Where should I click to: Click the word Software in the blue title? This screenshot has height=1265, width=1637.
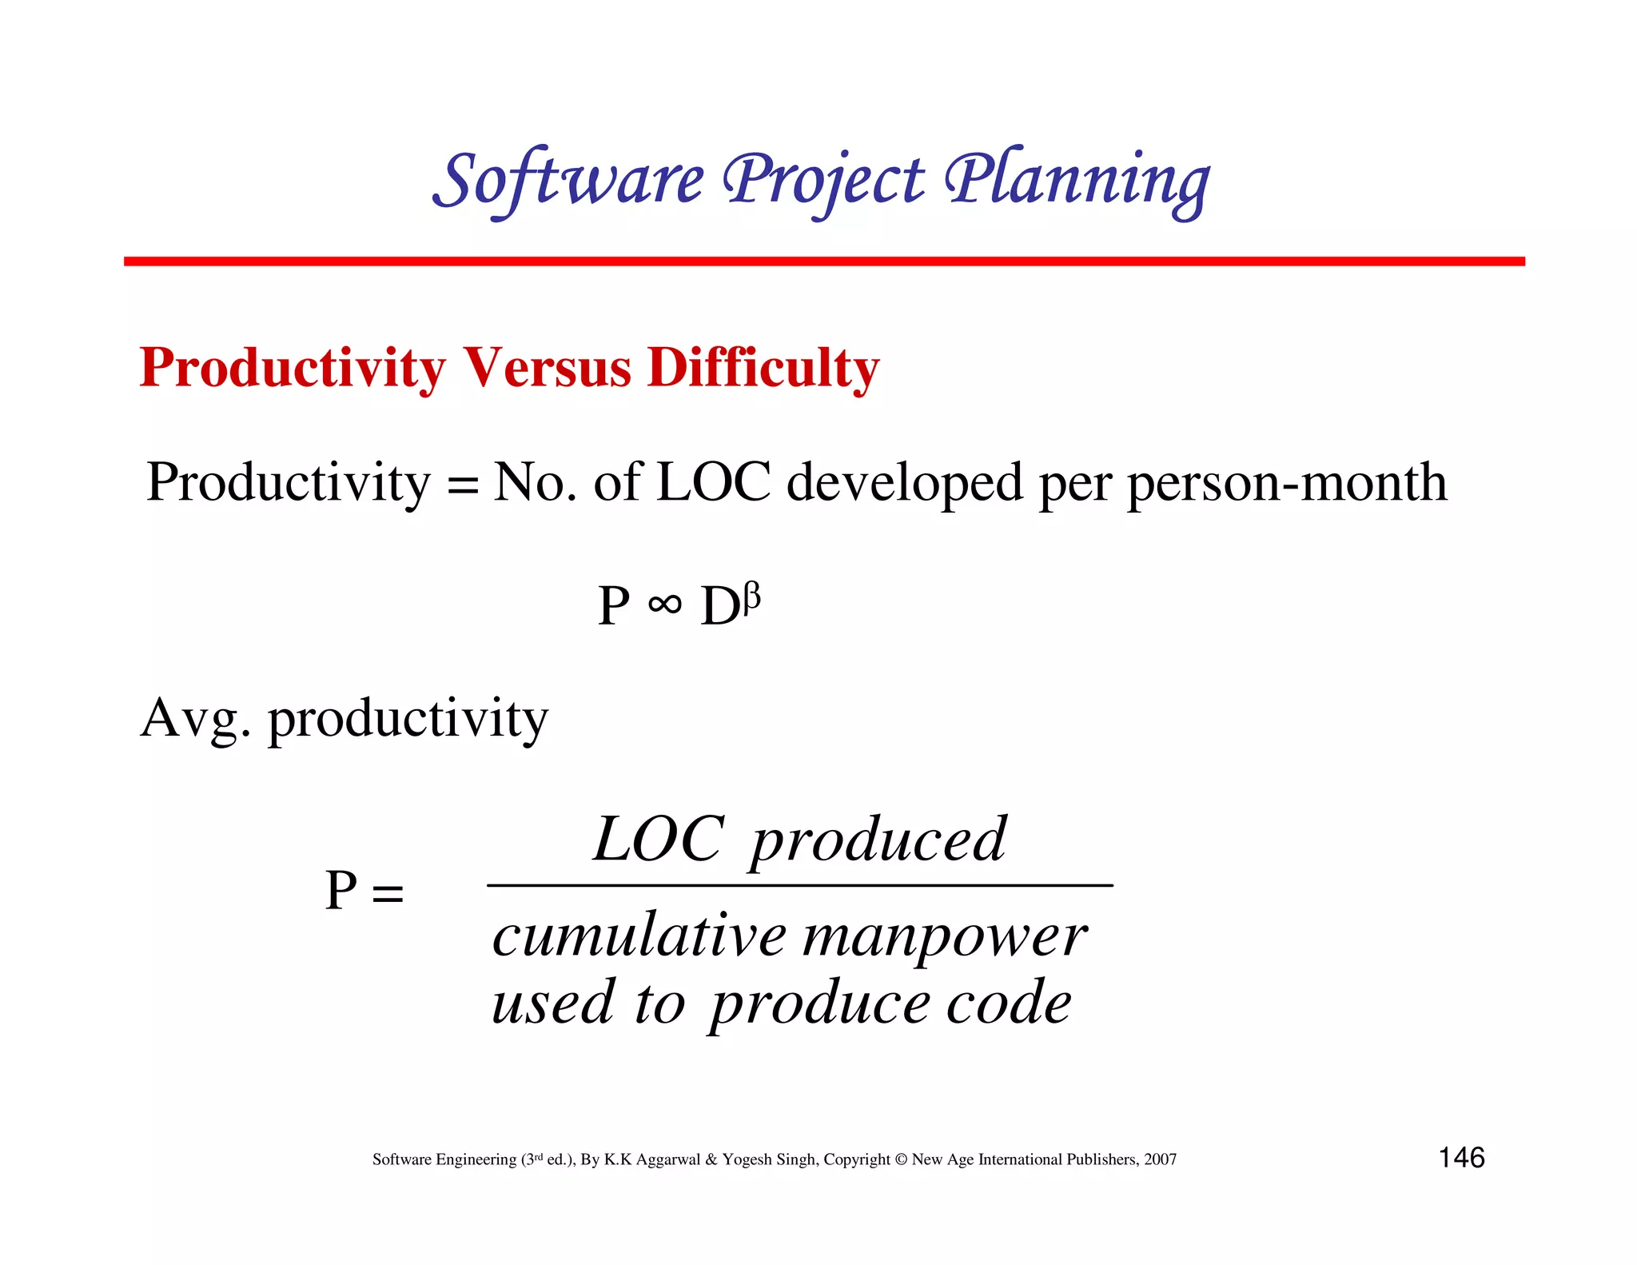(569, 181)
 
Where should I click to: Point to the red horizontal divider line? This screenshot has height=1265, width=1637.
(823, 261)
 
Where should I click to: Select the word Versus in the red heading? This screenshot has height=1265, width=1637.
(548, 369)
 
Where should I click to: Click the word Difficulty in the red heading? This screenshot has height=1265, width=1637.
(763, 369)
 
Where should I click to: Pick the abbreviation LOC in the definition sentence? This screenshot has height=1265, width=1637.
(713, 482)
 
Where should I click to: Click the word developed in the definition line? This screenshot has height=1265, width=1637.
(904, 484)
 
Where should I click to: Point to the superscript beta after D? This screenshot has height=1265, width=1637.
(751, 597)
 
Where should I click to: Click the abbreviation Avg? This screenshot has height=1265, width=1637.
(195, 717)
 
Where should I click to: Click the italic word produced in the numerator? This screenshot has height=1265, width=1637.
(878, 841)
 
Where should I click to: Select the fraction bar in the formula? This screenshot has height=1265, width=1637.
(799, 885)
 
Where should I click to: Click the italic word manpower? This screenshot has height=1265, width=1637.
(944, 937)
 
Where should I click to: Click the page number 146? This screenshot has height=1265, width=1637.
(1461, 1158)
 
